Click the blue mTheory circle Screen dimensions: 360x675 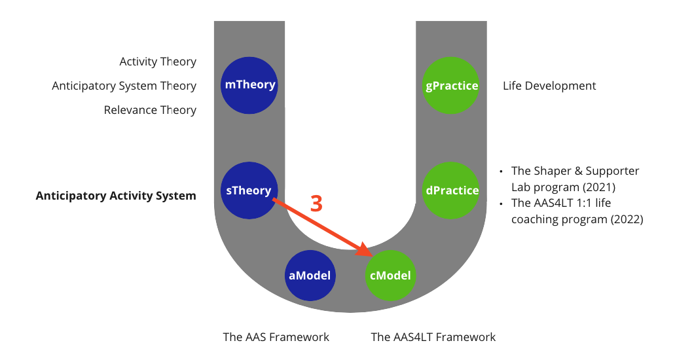click(249, 85)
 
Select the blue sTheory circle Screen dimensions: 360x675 click(249, 190)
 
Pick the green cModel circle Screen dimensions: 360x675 click(391, 276)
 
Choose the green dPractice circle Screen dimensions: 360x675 click(452, 190)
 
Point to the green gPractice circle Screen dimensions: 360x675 click(452, 85)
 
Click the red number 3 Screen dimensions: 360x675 click(316, 204)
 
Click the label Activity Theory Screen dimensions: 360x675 click(158, 62)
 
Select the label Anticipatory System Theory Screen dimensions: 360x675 click(124, 86)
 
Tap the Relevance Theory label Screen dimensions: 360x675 click(150, 110)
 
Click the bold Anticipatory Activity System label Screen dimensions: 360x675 click(116, 196)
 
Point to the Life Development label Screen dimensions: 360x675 click(549, 86)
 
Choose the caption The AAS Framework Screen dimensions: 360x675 click(276, 337)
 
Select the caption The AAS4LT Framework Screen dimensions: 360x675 click(433, 337)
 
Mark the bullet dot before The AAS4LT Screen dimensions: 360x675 click(502, 204)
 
